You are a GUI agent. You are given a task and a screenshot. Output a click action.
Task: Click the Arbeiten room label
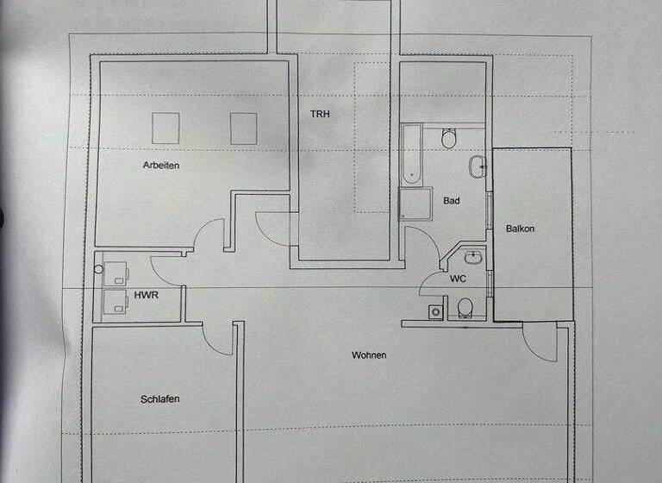click(x=161, y=166)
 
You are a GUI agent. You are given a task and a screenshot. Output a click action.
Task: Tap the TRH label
click(x=321, y=113)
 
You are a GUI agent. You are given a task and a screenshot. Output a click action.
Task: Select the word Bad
click(x=451, y=201)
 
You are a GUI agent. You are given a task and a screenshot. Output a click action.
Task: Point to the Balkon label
click(x=521, y=229)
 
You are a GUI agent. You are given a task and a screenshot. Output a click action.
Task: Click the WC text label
click(x=458, y=279)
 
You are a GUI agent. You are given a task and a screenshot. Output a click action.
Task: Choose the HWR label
click(x=144, y=295)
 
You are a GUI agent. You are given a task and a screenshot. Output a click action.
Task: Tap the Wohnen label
click(x=369, y=355)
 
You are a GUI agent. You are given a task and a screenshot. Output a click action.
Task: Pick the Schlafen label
click(x=159, y=398)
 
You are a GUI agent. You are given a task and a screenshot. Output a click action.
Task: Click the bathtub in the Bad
click(x=411, y=155)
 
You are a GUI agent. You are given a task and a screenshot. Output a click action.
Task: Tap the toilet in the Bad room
click(x=449, y=138)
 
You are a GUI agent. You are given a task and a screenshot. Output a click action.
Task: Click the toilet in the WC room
click(x=465, y=307)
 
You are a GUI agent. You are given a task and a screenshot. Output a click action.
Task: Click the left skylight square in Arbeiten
click(x=165, y=128)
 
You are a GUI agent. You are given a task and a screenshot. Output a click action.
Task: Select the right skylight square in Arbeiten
click(x=244, y=128)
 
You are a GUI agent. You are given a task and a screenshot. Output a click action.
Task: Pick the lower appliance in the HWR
click(x=113, y=301)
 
